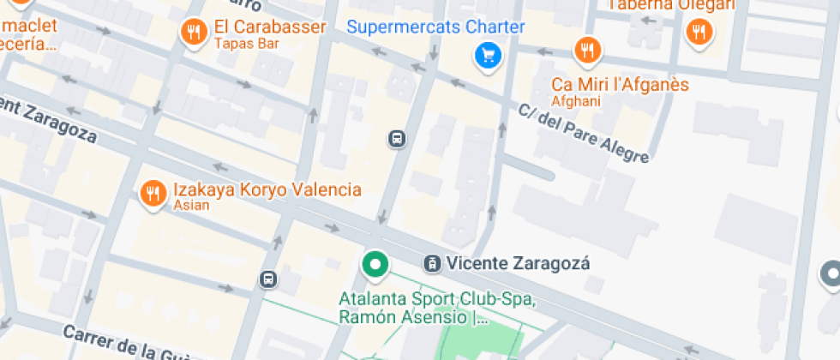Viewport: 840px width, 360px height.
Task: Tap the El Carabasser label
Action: [270, 27]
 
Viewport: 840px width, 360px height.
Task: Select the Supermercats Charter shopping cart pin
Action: [488, 57]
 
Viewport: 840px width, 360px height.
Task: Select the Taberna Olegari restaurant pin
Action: [699, 33]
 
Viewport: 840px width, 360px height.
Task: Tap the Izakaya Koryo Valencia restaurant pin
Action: [153, 194]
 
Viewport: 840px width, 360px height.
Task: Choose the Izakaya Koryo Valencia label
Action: [267, 189]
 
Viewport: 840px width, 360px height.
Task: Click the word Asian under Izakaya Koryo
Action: [191, 206]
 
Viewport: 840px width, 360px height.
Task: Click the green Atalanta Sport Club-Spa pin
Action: [375, 265]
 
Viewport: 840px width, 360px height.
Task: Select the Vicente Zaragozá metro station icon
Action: [434, 263]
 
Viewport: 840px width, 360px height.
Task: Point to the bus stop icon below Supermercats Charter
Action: [397, 139]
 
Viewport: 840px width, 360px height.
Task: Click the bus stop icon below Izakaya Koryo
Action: [268, 279]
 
